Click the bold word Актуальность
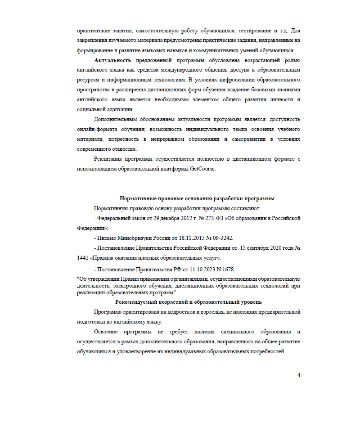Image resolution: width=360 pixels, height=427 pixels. click(x=112, y=60)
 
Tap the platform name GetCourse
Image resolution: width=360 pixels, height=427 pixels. click(x=203, y=169)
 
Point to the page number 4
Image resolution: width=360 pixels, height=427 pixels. click(x=298, y=375)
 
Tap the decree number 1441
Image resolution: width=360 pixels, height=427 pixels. click(x=83, y=258)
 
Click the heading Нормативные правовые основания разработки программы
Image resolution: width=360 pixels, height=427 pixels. click(x=197, y=198)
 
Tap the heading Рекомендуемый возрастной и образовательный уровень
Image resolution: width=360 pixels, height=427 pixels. click(x=189, y=301)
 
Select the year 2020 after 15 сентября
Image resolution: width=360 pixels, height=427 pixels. click(x=271, y=248)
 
